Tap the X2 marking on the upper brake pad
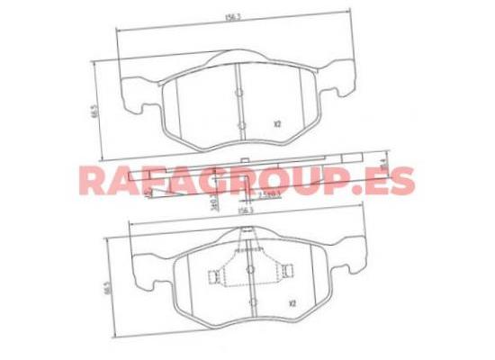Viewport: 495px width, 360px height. click(276, 125)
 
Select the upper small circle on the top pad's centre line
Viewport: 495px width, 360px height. click(239, 92)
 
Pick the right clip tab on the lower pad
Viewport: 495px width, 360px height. click(287, 271)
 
